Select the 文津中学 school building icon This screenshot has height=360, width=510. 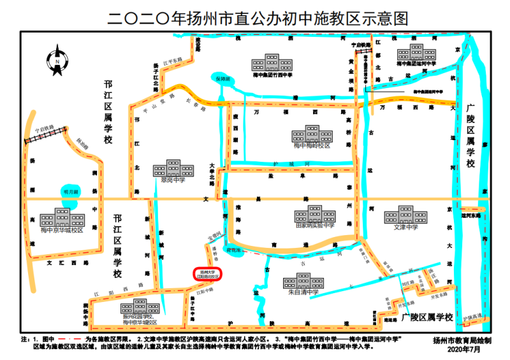pyautogui.click(x=405, y=215)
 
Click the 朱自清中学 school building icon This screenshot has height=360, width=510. pyautogui.click(x=303, y=282)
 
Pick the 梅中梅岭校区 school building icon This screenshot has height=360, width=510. pyautogui.click(x=312, y=134)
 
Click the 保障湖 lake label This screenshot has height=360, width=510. pyautogui.click(x=221, y=79)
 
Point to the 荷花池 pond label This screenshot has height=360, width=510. pyautogui.click(x=235, y=251)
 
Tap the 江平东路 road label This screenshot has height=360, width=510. pyautogui.click(x=172, y=62)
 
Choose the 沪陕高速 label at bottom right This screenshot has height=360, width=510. pyautogui.click(x=473, y=317)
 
